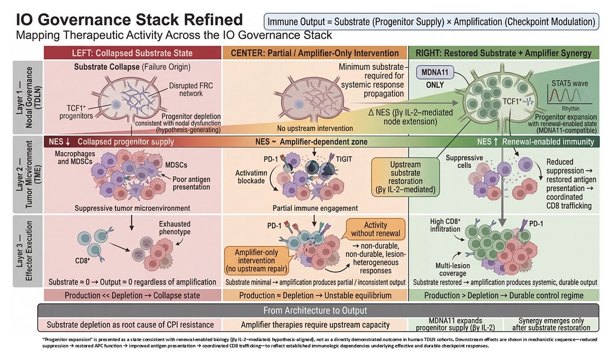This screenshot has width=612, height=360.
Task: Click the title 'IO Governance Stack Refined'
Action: pos(129,20)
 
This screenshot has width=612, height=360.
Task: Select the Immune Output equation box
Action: pos(431,22)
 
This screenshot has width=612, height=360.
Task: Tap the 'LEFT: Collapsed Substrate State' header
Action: pos(132,53)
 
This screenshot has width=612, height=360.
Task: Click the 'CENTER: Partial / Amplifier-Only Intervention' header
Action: pos(315,53)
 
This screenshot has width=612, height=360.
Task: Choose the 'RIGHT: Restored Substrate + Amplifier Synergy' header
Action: pos(504,53)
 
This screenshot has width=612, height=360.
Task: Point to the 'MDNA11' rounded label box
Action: pos(435,72)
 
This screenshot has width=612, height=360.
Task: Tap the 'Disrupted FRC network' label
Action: pos(191,89)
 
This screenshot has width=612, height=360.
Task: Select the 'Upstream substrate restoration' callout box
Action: pos(405,177)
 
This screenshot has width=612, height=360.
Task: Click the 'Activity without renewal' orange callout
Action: pos(375,229)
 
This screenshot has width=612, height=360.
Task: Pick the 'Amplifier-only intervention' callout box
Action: pos(256,260)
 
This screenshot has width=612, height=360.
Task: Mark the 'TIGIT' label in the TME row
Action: pos(344,159)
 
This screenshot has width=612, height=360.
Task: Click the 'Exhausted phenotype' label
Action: pos(174,228)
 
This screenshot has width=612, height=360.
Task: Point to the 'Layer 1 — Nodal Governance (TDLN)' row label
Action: pos(28,97)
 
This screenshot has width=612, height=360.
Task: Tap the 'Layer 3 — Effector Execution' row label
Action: pos(28,251)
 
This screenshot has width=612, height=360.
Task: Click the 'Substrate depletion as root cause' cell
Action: pos(130,325)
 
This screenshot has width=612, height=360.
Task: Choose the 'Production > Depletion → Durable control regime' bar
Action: pos(504,295)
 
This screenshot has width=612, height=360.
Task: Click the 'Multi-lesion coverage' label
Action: pos(453,270)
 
